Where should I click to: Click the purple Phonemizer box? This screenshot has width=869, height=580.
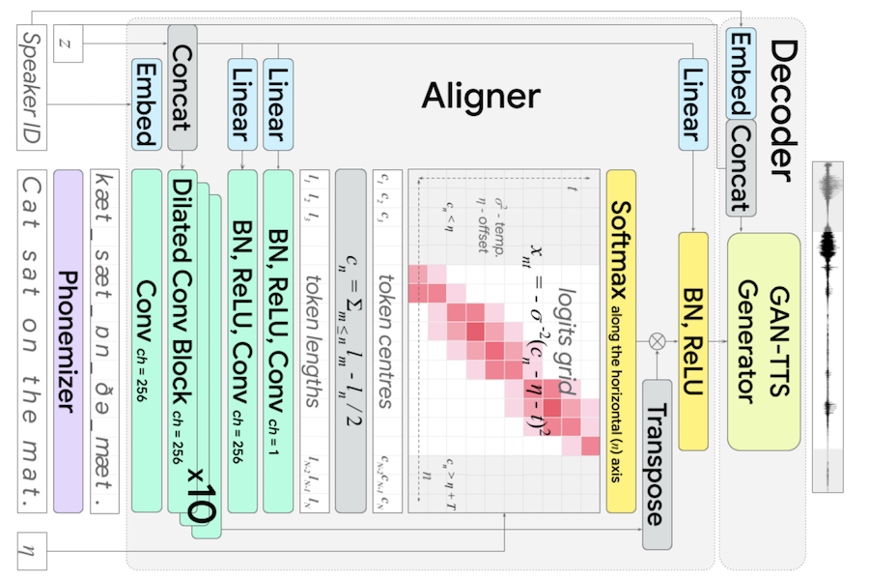tap(69, 341)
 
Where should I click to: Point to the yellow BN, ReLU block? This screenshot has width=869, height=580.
tap(693, 340)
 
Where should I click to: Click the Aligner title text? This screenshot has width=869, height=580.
tap(480, 96)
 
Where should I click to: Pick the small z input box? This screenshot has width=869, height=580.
tap(67, 44)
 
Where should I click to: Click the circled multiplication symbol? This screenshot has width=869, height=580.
tap(658, 340)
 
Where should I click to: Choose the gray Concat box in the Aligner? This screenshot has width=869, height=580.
tap(182, 87)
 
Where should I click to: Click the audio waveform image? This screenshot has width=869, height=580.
tap(827, 326)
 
